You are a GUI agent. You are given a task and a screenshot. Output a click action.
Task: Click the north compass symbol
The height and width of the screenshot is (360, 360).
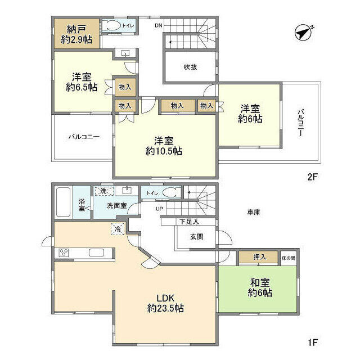(303, 33)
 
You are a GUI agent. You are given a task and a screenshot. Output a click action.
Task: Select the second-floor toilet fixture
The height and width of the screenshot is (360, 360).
(112, 25)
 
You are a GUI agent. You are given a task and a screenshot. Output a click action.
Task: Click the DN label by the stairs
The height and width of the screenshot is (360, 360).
(159, 25)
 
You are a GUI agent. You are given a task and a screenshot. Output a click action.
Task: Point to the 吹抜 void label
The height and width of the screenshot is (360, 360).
(190, 67)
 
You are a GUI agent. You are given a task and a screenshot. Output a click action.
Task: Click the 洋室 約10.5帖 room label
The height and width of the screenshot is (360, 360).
(164, 146)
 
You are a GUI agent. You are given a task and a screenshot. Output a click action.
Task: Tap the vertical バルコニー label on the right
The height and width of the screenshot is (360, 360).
(301, 123)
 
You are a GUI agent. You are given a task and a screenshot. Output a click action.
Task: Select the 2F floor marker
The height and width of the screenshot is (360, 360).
(312, 177)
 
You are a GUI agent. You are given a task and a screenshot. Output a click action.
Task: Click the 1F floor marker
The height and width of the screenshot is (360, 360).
(313, 343)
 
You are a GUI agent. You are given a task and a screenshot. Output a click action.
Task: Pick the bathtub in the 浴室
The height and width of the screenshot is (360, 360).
(63, 202)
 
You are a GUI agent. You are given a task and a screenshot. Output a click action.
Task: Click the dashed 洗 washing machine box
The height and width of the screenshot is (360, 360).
(104, 191)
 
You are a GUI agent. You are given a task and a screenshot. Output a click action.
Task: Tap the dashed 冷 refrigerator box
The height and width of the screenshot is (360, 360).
(118, 229)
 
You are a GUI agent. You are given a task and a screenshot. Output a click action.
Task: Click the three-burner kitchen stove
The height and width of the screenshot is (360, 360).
(64, 253)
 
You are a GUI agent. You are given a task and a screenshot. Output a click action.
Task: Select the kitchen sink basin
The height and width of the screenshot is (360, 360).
(96, 253)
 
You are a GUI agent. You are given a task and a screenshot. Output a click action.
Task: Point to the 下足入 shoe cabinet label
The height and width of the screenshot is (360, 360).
(189, 222)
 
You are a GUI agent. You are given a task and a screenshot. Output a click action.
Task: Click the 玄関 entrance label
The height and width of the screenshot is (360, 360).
(197, 236)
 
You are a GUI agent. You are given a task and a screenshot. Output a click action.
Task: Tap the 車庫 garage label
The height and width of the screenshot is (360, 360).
(254, 213)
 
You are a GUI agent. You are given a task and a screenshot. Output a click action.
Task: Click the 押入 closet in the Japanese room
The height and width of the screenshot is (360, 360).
(259, 257)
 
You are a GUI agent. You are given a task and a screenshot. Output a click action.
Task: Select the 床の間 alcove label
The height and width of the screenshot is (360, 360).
(289, 258)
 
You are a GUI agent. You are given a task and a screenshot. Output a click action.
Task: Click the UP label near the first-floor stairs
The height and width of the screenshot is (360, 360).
(159, 209)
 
